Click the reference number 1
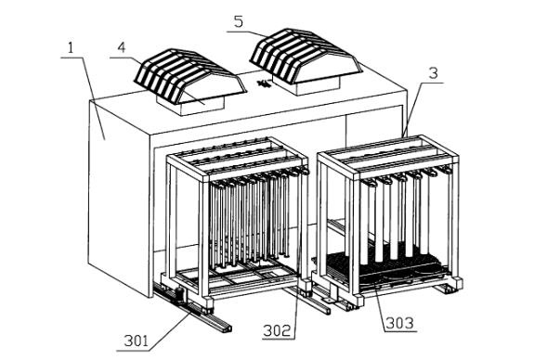click(71, 47)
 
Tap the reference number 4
click(122, 47)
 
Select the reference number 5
click(239, 21)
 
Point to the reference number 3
click(433, 73)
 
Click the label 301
click(137, 341)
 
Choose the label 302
click(279, 330)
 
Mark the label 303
click(400, 323)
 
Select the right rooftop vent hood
click(305, 57)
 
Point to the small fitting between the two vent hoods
click(263, 84)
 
